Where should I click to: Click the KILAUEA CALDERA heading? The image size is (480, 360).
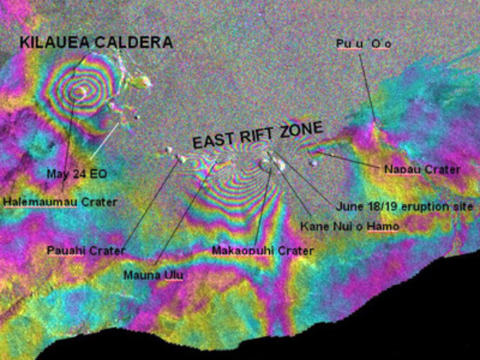pyautogui.click(x=96, y=42)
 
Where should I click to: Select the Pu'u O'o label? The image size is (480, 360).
pyautogui.click(x=363, y=44)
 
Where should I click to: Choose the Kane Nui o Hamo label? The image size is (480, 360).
pyautogui.click(x=349, y=226)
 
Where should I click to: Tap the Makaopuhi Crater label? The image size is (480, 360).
pyautogui.click(x=263, y=251)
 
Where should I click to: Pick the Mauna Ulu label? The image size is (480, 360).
pyautogui.click(x=148, y=274)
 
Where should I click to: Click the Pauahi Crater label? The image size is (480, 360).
pyautogui.click(x=86, y=251)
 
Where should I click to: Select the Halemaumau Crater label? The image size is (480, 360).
pyautogui.click(x=60, y=202)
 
